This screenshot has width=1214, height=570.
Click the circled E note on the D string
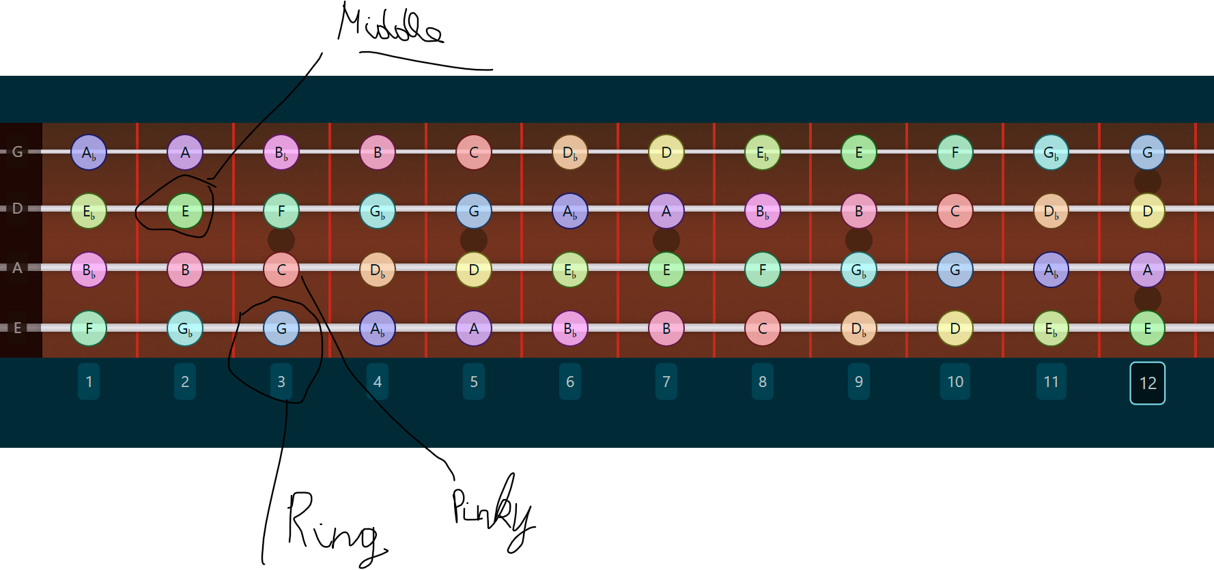coord(185,211)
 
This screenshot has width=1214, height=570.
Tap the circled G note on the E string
coord(281,328)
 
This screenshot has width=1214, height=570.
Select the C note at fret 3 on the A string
coord(281,270)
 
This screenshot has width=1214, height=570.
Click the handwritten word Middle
coord(391,24)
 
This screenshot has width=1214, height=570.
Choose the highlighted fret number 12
coord(1148,383)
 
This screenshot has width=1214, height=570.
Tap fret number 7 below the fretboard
coord(666,382)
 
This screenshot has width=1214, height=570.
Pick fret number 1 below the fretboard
coord(89,382)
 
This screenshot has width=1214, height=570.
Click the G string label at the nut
coord(18,152)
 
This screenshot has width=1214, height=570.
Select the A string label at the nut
coord(18,268)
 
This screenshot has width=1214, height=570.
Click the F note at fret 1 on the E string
coord(89,328)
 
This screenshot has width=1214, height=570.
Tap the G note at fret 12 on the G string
coord(1148,152)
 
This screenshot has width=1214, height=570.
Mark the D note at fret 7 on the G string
coord(666,152)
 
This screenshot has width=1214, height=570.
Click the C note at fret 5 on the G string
coord(474,152)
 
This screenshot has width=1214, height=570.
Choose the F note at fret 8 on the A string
coord(763,270)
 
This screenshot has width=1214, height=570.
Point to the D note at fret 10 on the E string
coord(955,328)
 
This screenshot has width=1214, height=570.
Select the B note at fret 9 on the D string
coord(859,211)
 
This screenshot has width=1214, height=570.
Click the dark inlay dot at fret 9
coord(859,240)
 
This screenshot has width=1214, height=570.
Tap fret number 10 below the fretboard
coord(955,382)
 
